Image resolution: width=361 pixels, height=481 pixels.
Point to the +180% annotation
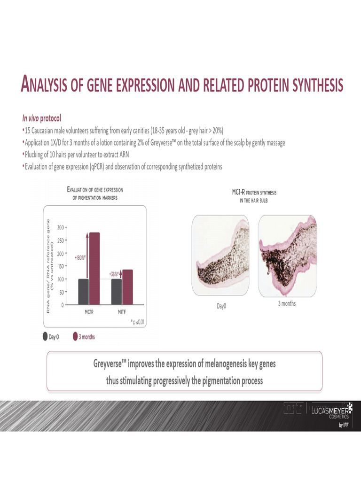point(80,258)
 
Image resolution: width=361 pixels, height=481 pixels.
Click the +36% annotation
point(114,274)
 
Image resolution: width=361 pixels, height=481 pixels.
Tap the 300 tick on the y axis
point(60,227)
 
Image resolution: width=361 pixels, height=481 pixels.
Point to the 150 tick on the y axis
point(60,266)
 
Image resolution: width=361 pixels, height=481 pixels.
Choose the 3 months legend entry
point(84,336)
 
